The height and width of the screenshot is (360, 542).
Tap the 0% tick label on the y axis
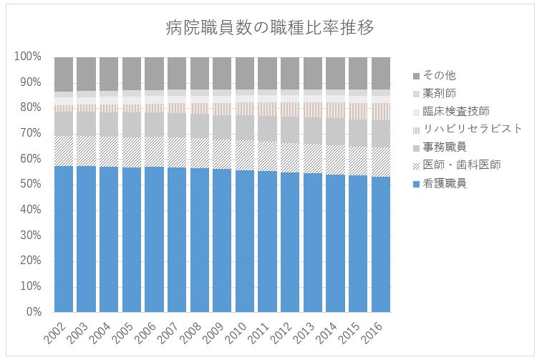[34, 312]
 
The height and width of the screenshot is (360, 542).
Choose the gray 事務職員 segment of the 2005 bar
[132, 125]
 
